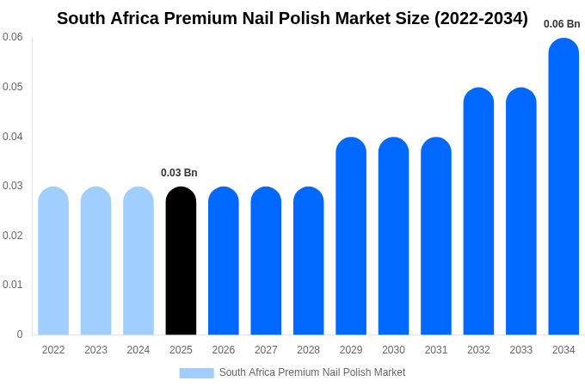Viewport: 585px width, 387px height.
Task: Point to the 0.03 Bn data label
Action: [x=179, y=173]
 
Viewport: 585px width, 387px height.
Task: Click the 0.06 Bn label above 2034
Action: [x=562, y=24]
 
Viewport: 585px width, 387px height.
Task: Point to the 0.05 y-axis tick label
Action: [x=13, y=87]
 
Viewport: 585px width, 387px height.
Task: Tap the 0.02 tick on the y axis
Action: [x=13, y=236]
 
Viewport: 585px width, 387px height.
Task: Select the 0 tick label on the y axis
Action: [x=20, y=335]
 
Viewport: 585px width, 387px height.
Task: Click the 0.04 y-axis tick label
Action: [x=13, y=137]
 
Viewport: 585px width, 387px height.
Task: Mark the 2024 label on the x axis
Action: [x=139, y=350]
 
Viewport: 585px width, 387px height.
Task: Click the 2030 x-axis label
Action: [x=393, y=350]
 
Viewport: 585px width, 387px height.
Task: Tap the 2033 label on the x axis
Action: [x=520, y=350]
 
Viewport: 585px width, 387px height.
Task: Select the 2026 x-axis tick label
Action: [x=224, y=350]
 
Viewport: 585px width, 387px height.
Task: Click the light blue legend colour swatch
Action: [x=196, y=372]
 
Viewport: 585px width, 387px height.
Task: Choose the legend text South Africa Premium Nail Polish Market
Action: [x=311, y=372]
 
